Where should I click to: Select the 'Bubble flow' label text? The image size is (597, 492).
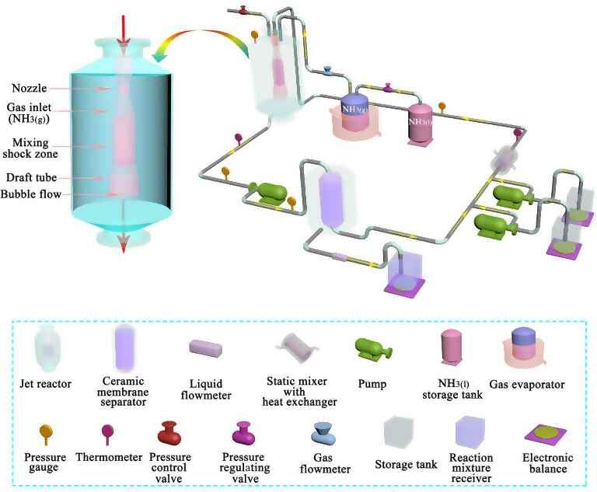30,194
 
